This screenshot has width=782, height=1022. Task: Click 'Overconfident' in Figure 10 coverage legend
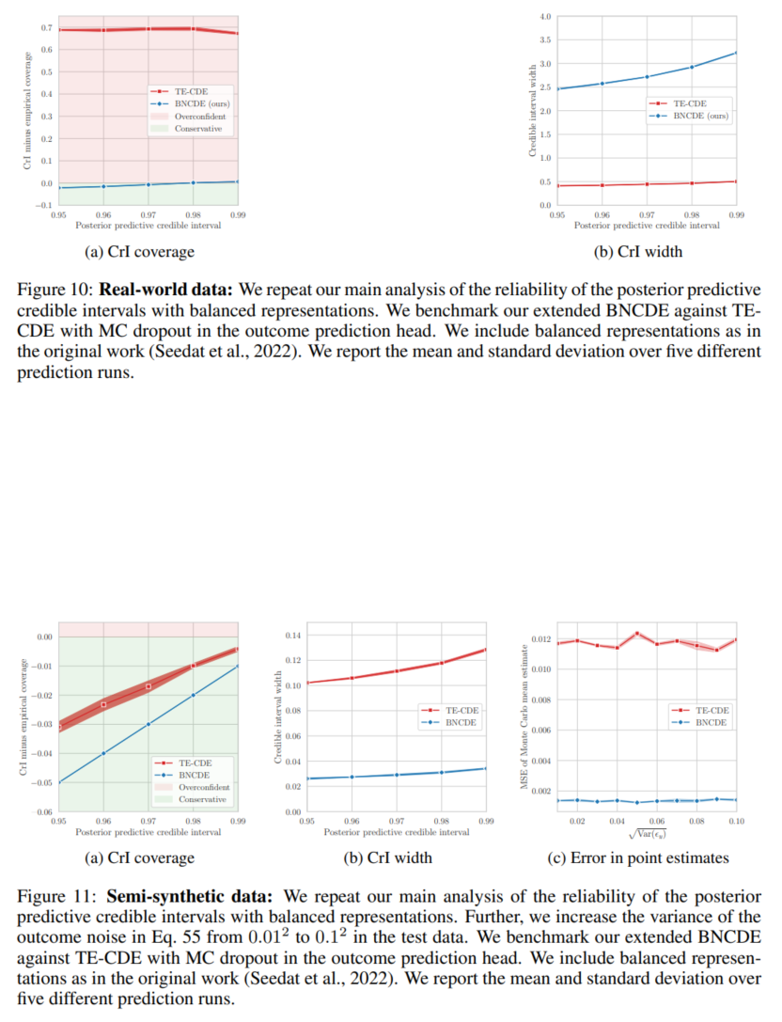coord(198,116)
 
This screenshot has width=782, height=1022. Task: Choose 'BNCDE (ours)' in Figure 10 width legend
coord(701,116)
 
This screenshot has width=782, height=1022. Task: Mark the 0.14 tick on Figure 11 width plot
coord(292,637)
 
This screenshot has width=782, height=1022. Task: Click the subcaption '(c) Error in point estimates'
coord(637,857)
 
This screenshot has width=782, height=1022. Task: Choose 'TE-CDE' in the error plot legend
coord(711,710)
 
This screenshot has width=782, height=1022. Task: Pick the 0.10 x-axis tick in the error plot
coord(735,821)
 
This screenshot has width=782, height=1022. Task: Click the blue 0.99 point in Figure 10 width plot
coord(735,52)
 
